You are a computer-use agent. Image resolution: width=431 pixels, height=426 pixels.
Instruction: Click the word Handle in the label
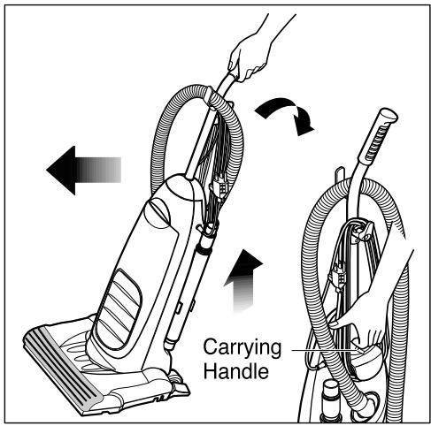(235, 371)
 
